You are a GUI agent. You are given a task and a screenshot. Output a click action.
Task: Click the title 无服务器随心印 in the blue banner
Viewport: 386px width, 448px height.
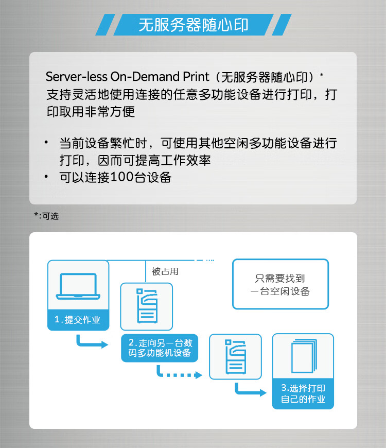click(194, 25)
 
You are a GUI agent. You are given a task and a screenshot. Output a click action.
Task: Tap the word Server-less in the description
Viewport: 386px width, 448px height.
click(77, 77)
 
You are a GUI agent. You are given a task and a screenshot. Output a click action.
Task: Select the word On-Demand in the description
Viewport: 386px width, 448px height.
click(145, 77)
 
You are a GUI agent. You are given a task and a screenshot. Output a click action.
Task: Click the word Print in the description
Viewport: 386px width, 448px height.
click(196, 77)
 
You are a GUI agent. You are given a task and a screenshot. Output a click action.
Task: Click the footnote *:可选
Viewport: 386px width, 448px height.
click(46, 216)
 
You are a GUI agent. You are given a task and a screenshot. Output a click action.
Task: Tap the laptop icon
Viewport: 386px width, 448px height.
click(78, 286)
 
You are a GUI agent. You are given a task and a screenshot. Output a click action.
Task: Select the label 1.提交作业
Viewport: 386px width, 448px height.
click(77, 319)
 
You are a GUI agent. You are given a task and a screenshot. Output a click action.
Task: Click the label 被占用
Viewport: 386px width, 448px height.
click(165, 271)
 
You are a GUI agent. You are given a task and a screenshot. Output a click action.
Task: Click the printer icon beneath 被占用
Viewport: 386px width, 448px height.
click(147, 306)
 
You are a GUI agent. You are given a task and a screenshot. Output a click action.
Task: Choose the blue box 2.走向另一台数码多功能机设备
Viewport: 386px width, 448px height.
click(160, 348)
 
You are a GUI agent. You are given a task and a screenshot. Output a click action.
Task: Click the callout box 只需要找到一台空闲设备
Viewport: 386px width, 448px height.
click(280, 284)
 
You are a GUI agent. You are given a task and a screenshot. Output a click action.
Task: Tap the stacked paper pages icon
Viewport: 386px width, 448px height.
click(304, 356)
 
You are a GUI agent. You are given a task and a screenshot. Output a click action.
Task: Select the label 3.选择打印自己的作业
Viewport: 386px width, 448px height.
click(303, 393)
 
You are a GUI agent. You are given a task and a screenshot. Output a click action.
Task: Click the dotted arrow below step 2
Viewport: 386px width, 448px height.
click(179, 372)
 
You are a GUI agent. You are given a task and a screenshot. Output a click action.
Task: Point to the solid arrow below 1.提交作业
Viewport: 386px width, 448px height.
click(92, 342)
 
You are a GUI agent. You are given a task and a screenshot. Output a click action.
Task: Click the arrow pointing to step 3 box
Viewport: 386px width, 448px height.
click(251, 390)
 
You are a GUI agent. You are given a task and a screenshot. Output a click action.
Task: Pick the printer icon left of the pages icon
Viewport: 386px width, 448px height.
click(236, 356)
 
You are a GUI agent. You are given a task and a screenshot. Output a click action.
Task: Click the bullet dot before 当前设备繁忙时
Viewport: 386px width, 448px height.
click(46, 142)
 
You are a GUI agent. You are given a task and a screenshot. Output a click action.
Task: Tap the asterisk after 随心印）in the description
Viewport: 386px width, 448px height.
click(322, 75)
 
